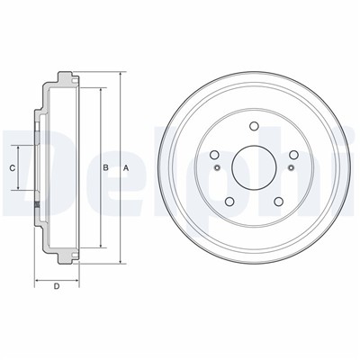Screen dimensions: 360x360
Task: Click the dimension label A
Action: [126, 168]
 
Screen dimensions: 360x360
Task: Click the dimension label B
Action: [105, 168]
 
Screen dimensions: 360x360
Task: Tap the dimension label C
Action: [13, 168]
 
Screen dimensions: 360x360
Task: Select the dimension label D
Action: [57, 286]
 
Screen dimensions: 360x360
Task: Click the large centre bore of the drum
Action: [254, 167]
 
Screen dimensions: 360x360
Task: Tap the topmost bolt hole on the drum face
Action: [254, 126]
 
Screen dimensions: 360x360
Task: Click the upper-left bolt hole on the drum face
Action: [214, 155]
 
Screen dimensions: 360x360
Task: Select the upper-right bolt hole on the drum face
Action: [293, 155]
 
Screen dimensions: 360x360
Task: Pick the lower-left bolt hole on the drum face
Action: [229, 202]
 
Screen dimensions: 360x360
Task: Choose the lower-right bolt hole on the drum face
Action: [279, 202]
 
